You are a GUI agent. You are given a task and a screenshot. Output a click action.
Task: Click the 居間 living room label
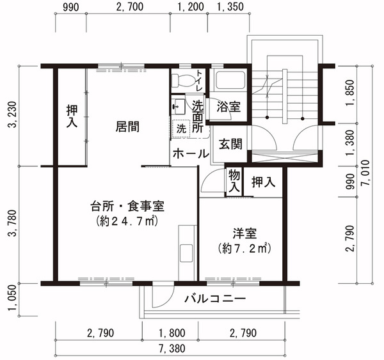coord(127,127)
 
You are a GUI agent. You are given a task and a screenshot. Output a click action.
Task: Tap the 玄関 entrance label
coord(230,144)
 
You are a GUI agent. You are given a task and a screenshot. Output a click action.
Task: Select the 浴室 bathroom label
coord(228,107)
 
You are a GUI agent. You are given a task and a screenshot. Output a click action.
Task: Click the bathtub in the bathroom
coord(230,81)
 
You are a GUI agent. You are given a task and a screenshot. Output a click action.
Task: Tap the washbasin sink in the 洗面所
coord(178,106)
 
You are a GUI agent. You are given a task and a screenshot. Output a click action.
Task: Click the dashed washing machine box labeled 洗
coord(181,129)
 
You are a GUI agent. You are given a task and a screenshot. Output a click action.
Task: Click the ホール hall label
coord(191,154)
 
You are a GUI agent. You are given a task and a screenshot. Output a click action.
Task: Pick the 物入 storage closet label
coord(234,182)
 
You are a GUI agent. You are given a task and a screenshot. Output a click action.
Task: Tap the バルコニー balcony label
coord(215,299)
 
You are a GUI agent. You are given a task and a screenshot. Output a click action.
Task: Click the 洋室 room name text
coord(244,234)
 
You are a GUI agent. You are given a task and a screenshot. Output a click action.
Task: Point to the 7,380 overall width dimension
coord(172,348)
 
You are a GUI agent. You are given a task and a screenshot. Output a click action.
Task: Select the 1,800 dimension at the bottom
coord(172,333)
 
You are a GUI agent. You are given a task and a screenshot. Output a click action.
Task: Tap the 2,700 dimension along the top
coord(130,6)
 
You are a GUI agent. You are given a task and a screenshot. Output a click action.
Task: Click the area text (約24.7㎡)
coord(127,221)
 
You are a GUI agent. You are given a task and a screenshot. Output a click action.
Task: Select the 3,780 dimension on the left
coord(13,223)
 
